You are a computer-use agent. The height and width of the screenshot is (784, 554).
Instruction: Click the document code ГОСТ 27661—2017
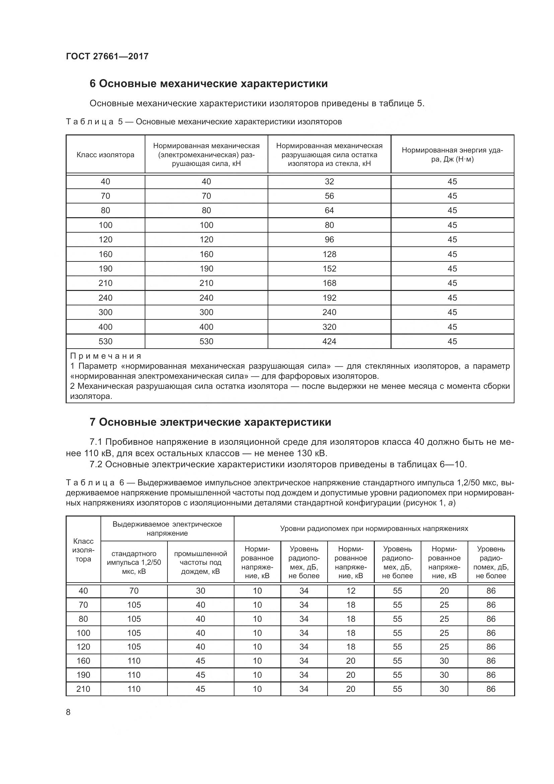click(x=107, y=56)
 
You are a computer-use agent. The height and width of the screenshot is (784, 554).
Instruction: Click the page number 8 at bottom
click(x=68, y=712)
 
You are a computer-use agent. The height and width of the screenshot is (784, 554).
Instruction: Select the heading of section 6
click(x=208, y=84)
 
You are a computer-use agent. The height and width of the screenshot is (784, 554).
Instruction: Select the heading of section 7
click(x=210, y=422)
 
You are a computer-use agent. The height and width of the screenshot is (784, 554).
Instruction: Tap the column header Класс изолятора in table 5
click(x=106, y=155)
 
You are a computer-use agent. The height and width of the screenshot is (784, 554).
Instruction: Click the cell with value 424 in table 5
click(x=329, y=342)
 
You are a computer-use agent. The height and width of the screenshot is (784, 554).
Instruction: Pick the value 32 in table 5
click(x=329, y=182)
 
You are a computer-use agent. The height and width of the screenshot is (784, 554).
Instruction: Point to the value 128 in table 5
click(x=329, y=254)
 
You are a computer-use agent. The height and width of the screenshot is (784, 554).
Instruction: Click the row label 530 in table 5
click(x=106, y=342)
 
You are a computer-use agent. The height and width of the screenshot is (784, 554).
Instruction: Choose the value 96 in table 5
click(x=329, y=240)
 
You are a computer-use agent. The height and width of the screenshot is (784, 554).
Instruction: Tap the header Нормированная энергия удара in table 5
click(x=452, y=155)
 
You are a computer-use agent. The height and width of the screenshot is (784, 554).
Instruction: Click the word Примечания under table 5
click(x=106, y=356)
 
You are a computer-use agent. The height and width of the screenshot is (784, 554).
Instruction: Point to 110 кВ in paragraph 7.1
click(x=96, y=454)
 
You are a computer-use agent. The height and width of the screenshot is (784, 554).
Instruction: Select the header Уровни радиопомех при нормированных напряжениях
click(x=374, y=529)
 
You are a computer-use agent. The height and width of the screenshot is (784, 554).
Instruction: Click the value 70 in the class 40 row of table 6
click(x=134, y=591)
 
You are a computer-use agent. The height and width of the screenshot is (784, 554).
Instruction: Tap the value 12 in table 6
click(x=351, y=591)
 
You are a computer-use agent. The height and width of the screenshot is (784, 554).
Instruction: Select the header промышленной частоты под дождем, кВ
click(x=201, y=562)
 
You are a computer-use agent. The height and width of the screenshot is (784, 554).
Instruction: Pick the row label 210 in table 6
click(x=83, y=689)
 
